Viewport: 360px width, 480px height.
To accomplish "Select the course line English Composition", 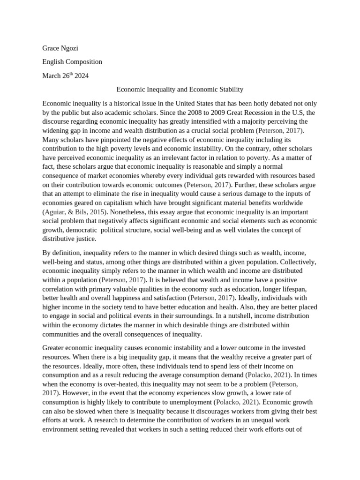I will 72,62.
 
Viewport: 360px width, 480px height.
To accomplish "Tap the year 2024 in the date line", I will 81,75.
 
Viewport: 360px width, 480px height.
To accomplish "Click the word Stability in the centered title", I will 231,89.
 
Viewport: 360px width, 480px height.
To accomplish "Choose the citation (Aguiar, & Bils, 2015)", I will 73,212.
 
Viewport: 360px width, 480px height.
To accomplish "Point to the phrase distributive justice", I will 71,239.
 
